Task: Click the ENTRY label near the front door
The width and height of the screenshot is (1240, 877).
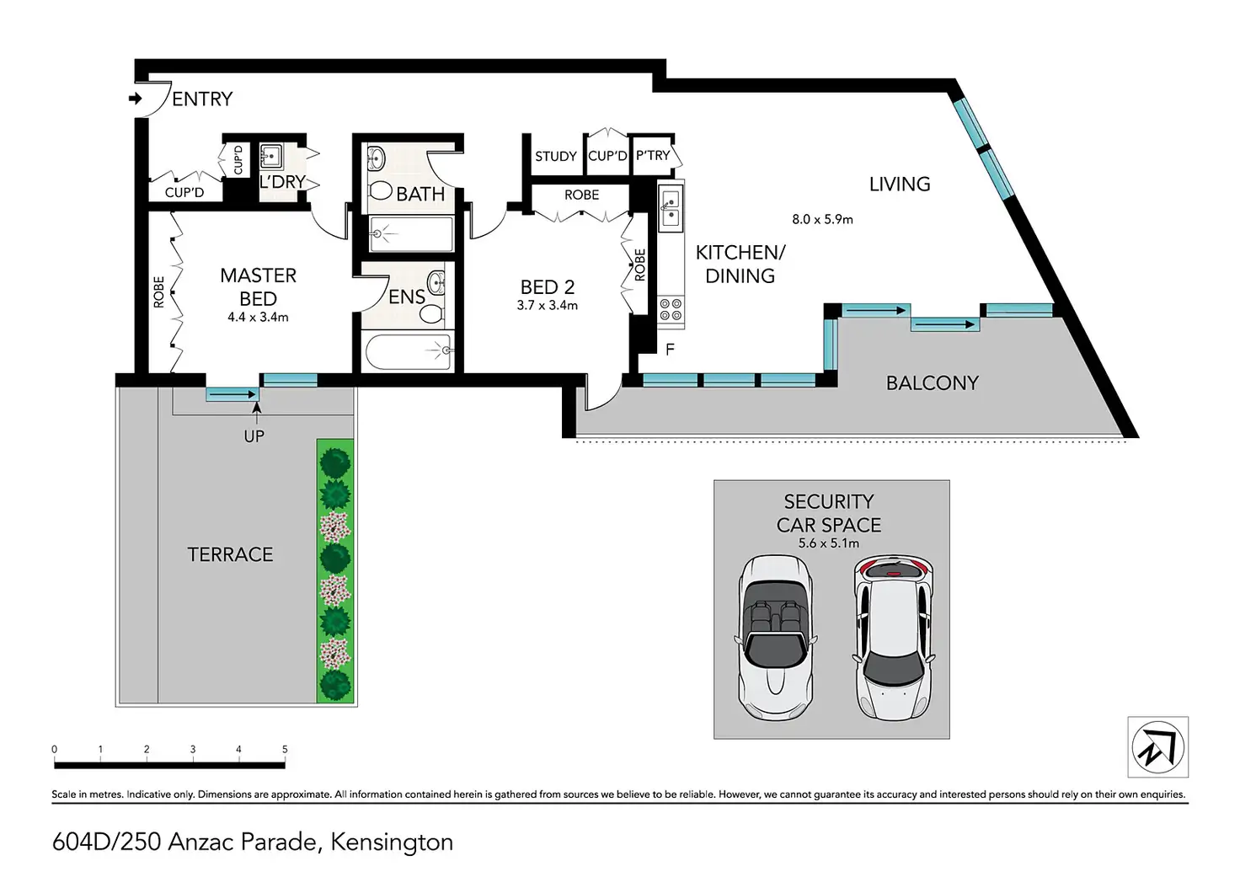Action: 202,99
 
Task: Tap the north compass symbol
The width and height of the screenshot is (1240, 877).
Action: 1158,747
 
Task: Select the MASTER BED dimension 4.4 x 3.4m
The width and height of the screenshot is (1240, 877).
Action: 258,318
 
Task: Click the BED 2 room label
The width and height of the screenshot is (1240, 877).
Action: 548,286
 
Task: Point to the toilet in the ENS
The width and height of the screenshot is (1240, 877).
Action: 430,314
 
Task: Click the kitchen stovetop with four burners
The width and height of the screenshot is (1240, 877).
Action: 671,311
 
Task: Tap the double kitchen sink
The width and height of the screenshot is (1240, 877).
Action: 671,207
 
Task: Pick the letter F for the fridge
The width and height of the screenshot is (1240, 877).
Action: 670,350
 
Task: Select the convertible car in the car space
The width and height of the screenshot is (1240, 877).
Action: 776,638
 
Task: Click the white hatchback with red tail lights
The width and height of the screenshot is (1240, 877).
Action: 894,639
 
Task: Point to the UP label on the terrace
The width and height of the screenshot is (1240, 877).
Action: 254,436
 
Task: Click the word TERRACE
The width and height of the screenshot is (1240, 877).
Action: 230,554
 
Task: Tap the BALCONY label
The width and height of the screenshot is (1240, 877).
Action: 933,383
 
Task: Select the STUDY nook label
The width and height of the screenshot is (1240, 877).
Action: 556,157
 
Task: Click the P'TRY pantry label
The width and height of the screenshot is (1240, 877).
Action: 653,156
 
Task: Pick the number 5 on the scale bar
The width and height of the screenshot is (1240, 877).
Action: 285,749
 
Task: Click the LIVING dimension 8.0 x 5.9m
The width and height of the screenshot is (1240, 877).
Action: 823,219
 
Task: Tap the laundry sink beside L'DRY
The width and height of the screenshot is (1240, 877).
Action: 271,157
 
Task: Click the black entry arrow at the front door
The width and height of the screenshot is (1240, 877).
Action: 135,99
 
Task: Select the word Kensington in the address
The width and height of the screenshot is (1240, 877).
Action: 392,842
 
